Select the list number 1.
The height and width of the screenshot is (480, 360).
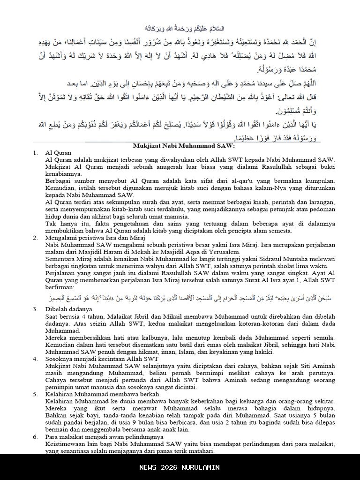point(35,153)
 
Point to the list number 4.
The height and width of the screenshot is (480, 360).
point(35,359)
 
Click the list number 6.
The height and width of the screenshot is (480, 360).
point(35,436)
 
